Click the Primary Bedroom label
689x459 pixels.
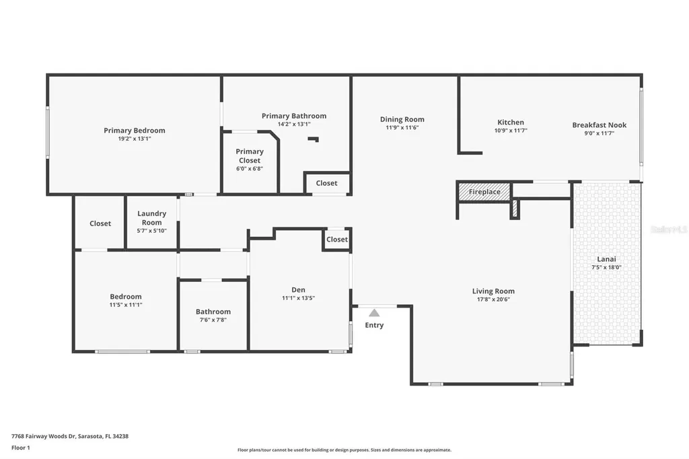tap(134, 131)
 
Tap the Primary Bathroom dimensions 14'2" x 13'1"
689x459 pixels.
tap(294, 125)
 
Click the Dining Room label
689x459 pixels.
tap(402, 120)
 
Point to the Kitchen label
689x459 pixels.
tap(510, 122)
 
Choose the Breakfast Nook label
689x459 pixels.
tap(599, 125)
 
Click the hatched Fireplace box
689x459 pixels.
tap(484, 192)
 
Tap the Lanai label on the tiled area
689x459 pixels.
tap(606, 259)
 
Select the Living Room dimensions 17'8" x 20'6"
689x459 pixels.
tap(493, 299)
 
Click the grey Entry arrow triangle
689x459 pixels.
tap(374, 313)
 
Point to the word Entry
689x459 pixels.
tap(374, 326)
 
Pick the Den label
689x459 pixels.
tap(298, 290)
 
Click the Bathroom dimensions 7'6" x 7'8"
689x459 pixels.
tap(213, 320)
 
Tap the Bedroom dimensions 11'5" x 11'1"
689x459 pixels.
tap(126, 305)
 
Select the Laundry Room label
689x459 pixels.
tap(151, 218)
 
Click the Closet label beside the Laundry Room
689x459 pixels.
tap(100, 223)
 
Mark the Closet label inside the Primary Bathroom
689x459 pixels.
tap(326, 183)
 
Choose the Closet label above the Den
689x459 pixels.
tap(336, 240)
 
